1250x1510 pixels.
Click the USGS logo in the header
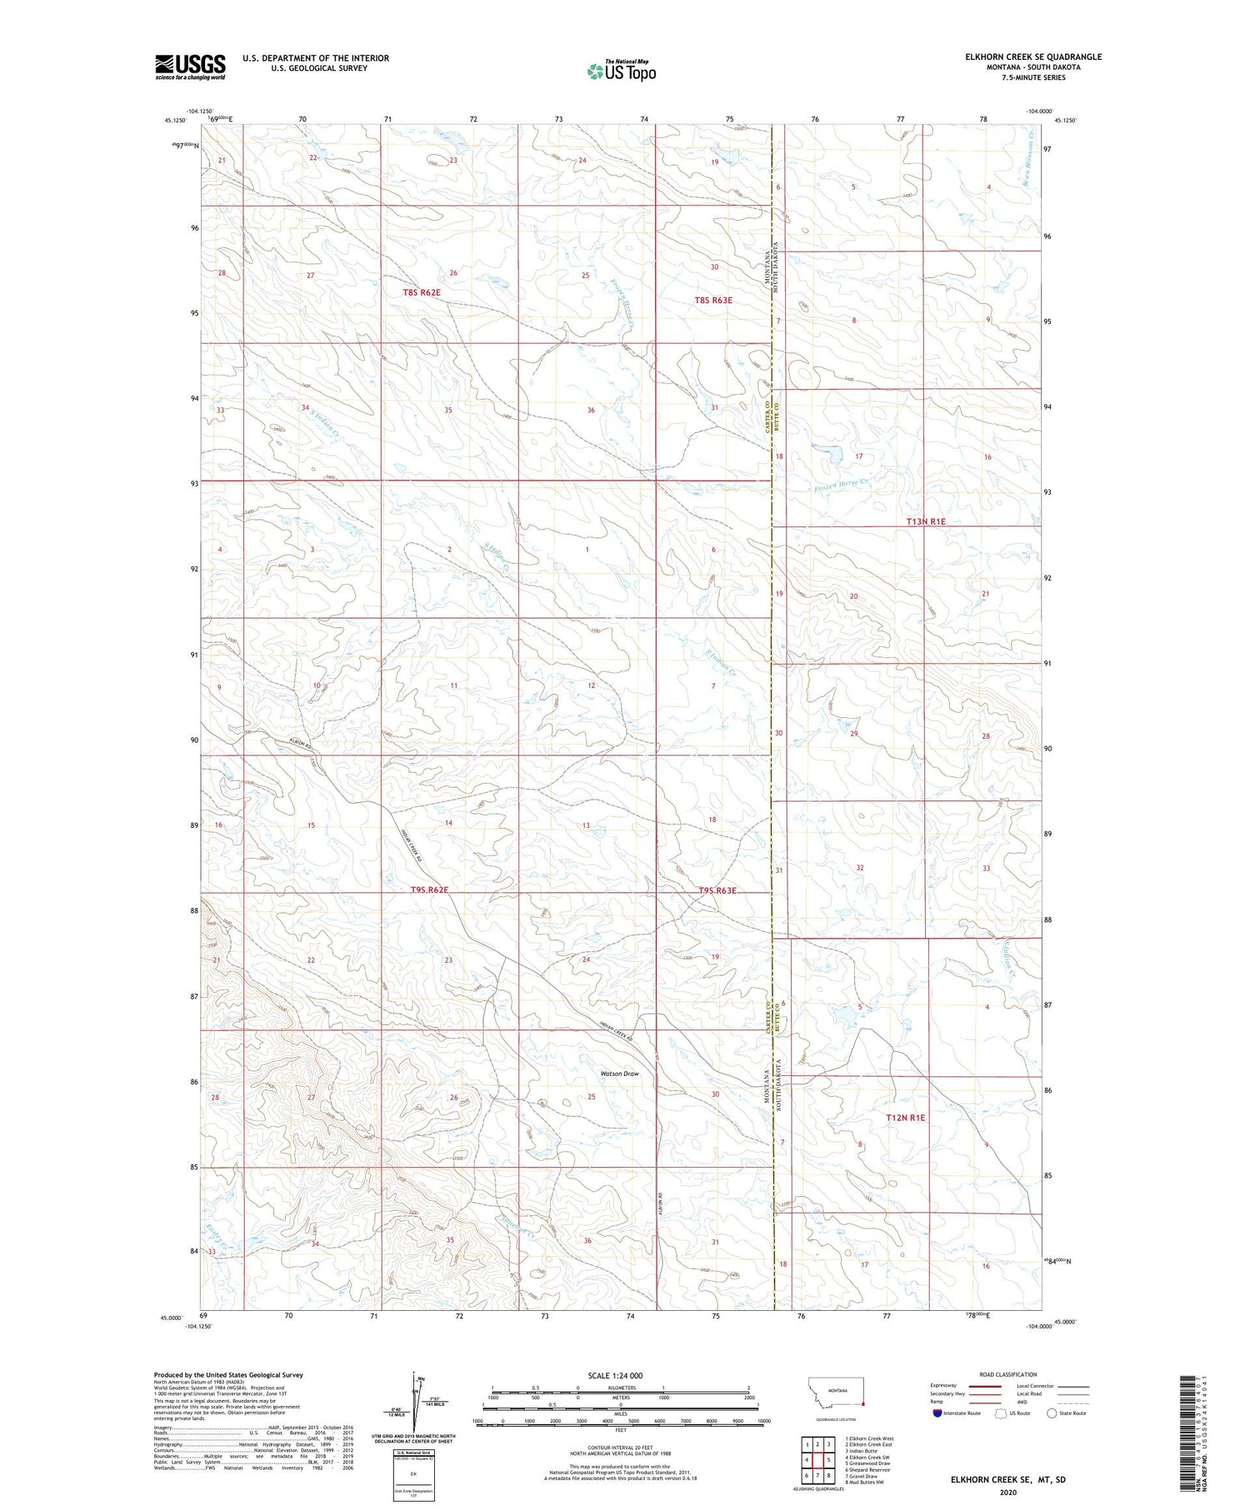pos(190,67)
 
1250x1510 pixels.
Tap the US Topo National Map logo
pos(621,71)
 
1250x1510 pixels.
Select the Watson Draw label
pos(620,1074)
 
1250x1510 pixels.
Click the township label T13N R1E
pos(926,521)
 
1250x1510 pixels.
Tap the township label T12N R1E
pos(905,1118)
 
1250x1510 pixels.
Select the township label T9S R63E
pos(717,890)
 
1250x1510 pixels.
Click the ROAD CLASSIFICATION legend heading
pos(1008,1374)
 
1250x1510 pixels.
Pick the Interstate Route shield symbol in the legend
pos(937,1413)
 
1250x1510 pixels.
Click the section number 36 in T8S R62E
pos(591,410)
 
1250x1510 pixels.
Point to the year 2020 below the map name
pos(1008,1492)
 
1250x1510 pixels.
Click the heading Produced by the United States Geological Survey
pos(227,1375)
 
